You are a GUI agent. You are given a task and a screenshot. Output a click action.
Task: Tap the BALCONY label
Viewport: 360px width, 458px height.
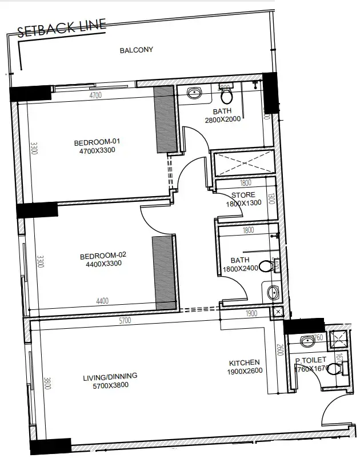click(x=136, y=50)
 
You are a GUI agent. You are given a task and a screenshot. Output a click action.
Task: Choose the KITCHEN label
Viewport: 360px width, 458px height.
click(x=244, y=363)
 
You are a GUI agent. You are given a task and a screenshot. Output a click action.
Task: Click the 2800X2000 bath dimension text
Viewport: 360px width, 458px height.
click(x=222, y=120)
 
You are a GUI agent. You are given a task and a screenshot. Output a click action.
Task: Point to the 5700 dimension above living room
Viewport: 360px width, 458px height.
click(x=125, y=321)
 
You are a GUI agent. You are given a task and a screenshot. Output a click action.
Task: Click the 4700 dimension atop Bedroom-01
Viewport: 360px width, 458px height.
click(x=95, y=95)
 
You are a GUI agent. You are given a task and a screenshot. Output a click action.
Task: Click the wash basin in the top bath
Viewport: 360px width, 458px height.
click(x=194, y=93)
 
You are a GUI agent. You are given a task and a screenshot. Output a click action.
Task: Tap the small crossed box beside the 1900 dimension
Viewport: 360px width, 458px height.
click(x=278, y=312)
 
